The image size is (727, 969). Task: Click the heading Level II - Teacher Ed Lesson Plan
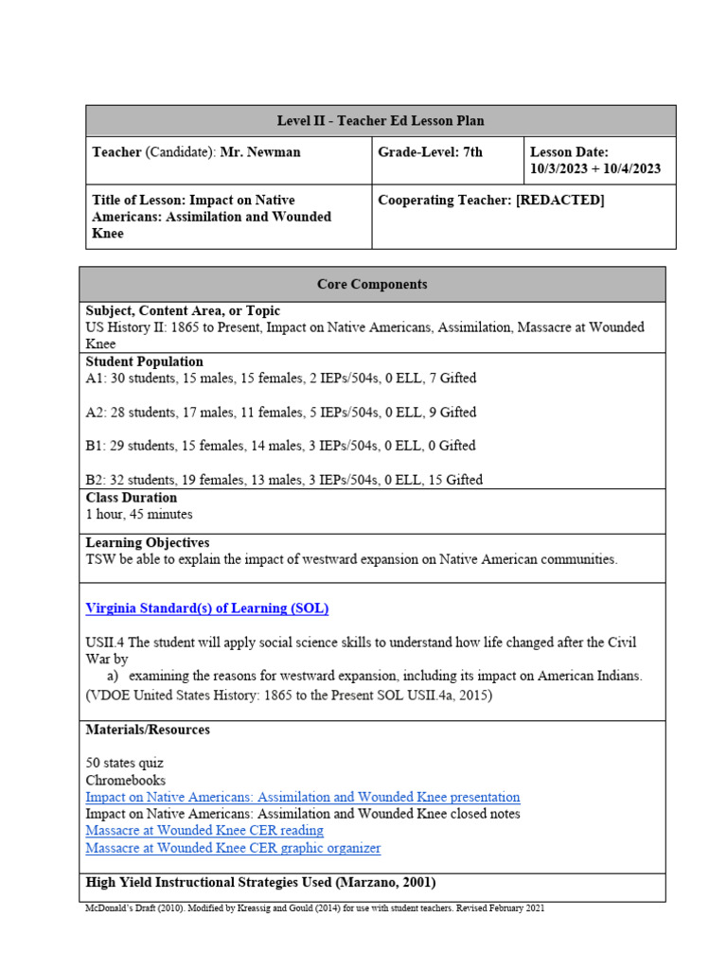click(381, 121)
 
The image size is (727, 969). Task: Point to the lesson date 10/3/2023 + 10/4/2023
click(595, 169)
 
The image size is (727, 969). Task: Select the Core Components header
click(372, 284)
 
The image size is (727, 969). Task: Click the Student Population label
click(144, 361)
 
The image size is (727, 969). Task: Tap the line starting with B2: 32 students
click(284, 480)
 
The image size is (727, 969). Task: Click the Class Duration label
click(132, 498)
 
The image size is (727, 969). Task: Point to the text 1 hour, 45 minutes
click(139, 515)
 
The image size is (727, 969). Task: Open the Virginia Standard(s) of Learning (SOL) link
click(207, 608)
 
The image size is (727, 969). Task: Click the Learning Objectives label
click(148, 543)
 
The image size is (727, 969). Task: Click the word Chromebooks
click(125, 781)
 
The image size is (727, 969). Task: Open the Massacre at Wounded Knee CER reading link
click(204, 831)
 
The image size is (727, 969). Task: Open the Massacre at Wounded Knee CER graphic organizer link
click(233, 849)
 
